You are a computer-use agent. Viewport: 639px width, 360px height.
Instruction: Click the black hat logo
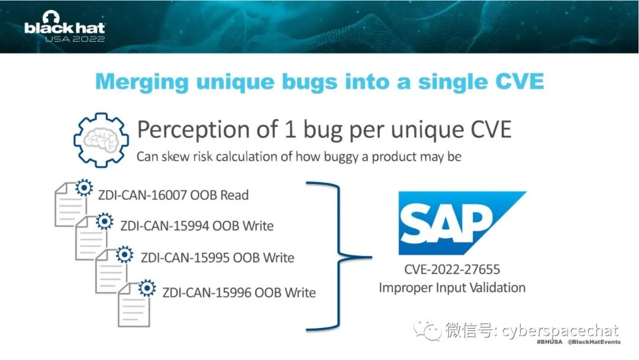point(64,27)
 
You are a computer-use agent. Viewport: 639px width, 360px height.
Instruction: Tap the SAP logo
point(462,223)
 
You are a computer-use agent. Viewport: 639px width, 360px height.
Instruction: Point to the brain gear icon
point(101,140)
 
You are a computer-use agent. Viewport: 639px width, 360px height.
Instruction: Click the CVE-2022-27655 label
point(452,269)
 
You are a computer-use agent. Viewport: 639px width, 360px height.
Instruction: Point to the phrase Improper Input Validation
point(452,288)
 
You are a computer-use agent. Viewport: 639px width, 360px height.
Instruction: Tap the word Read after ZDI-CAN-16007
point(234,195)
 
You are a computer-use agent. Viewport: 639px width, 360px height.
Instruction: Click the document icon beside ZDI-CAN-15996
point(134,304)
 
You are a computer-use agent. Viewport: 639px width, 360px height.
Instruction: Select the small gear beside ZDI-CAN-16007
point(84,188)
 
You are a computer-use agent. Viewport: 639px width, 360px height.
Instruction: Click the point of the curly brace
point(370,257)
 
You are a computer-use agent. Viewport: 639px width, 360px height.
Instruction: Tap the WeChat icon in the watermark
point(428,330)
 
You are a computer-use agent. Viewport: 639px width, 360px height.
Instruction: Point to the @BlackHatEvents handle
point(594,342)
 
